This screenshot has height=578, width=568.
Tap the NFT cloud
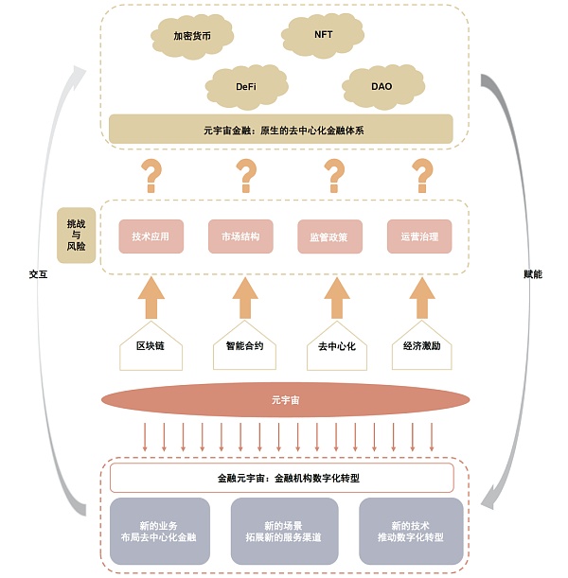pyautogui.click(x=323, y=34)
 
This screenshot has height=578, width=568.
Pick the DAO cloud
pyautogui.click(x=381, y=86)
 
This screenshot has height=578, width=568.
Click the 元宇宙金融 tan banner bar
pyautogui.click(x=283, y=128)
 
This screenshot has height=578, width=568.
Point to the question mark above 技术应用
pyautogui.click(x=151, y=175)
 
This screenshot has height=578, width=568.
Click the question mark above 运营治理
pyautogui.click(x=421, y=175)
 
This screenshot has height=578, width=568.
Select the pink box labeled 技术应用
pyautogui.click(x=151, y=236)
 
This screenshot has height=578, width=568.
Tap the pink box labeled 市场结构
pyautogui.click(x=240, y=236)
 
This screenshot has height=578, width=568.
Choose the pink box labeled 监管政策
pyautogui.click(x=329, y=236)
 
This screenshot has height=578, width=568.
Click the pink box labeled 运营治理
pyautogui.click(x=419, y=236)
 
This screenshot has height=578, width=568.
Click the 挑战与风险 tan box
pyautogui.click(x=77, y=235)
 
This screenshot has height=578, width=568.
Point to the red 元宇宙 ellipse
pyautogui.click(x=285, y=400)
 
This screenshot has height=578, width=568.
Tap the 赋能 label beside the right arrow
pyautogui.click(x=533, y=274)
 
